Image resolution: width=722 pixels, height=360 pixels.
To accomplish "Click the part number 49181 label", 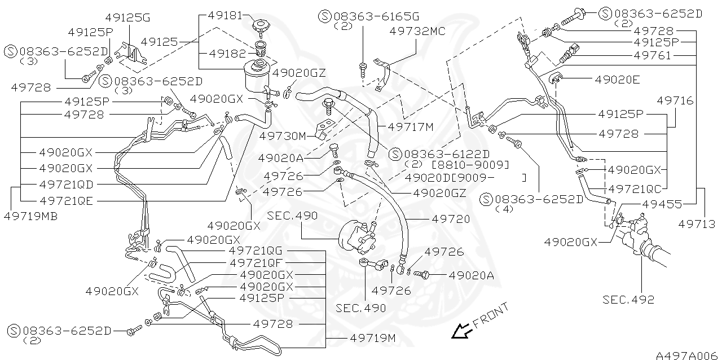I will point(226,16).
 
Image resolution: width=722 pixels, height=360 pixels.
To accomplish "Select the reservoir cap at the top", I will point(262,26).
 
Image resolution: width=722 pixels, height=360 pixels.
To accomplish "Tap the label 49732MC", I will point(417,32).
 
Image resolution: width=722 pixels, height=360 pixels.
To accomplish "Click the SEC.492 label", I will point(628,300).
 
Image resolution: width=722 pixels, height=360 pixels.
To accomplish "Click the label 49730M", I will point(282,136).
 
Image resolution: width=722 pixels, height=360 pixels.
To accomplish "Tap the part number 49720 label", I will point(451,218).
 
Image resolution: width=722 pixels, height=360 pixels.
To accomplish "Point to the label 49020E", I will point(617,80).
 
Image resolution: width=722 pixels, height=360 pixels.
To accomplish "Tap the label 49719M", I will point(372,338).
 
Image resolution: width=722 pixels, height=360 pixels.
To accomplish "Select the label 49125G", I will point(127,17).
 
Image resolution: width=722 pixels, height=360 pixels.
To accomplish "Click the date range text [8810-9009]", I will point(470,165).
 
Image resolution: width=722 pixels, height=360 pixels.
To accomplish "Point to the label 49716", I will point(675,100).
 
